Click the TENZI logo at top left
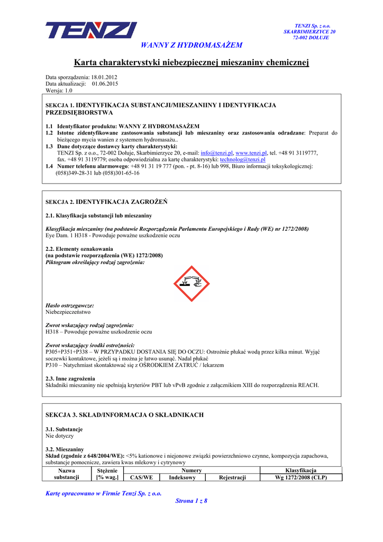(91, 30)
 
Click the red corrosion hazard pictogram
(191, 284)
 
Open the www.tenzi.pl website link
(251, 152)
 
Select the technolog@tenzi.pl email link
(242, 159)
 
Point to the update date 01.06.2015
(105, 84)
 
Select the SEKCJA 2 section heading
(106, 202)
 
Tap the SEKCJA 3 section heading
(125, 414)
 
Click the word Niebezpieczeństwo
(68, 312)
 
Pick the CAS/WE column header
(141, 477)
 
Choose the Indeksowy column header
(182, 477)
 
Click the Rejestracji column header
(232, 477)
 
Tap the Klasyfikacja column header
(300, 470)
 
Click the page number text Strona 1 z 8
(191, 501)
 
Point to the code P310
(52, 365)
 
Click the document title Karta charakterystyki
(191, 64)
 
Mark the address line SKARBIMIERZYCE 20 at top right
(309, 32)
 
